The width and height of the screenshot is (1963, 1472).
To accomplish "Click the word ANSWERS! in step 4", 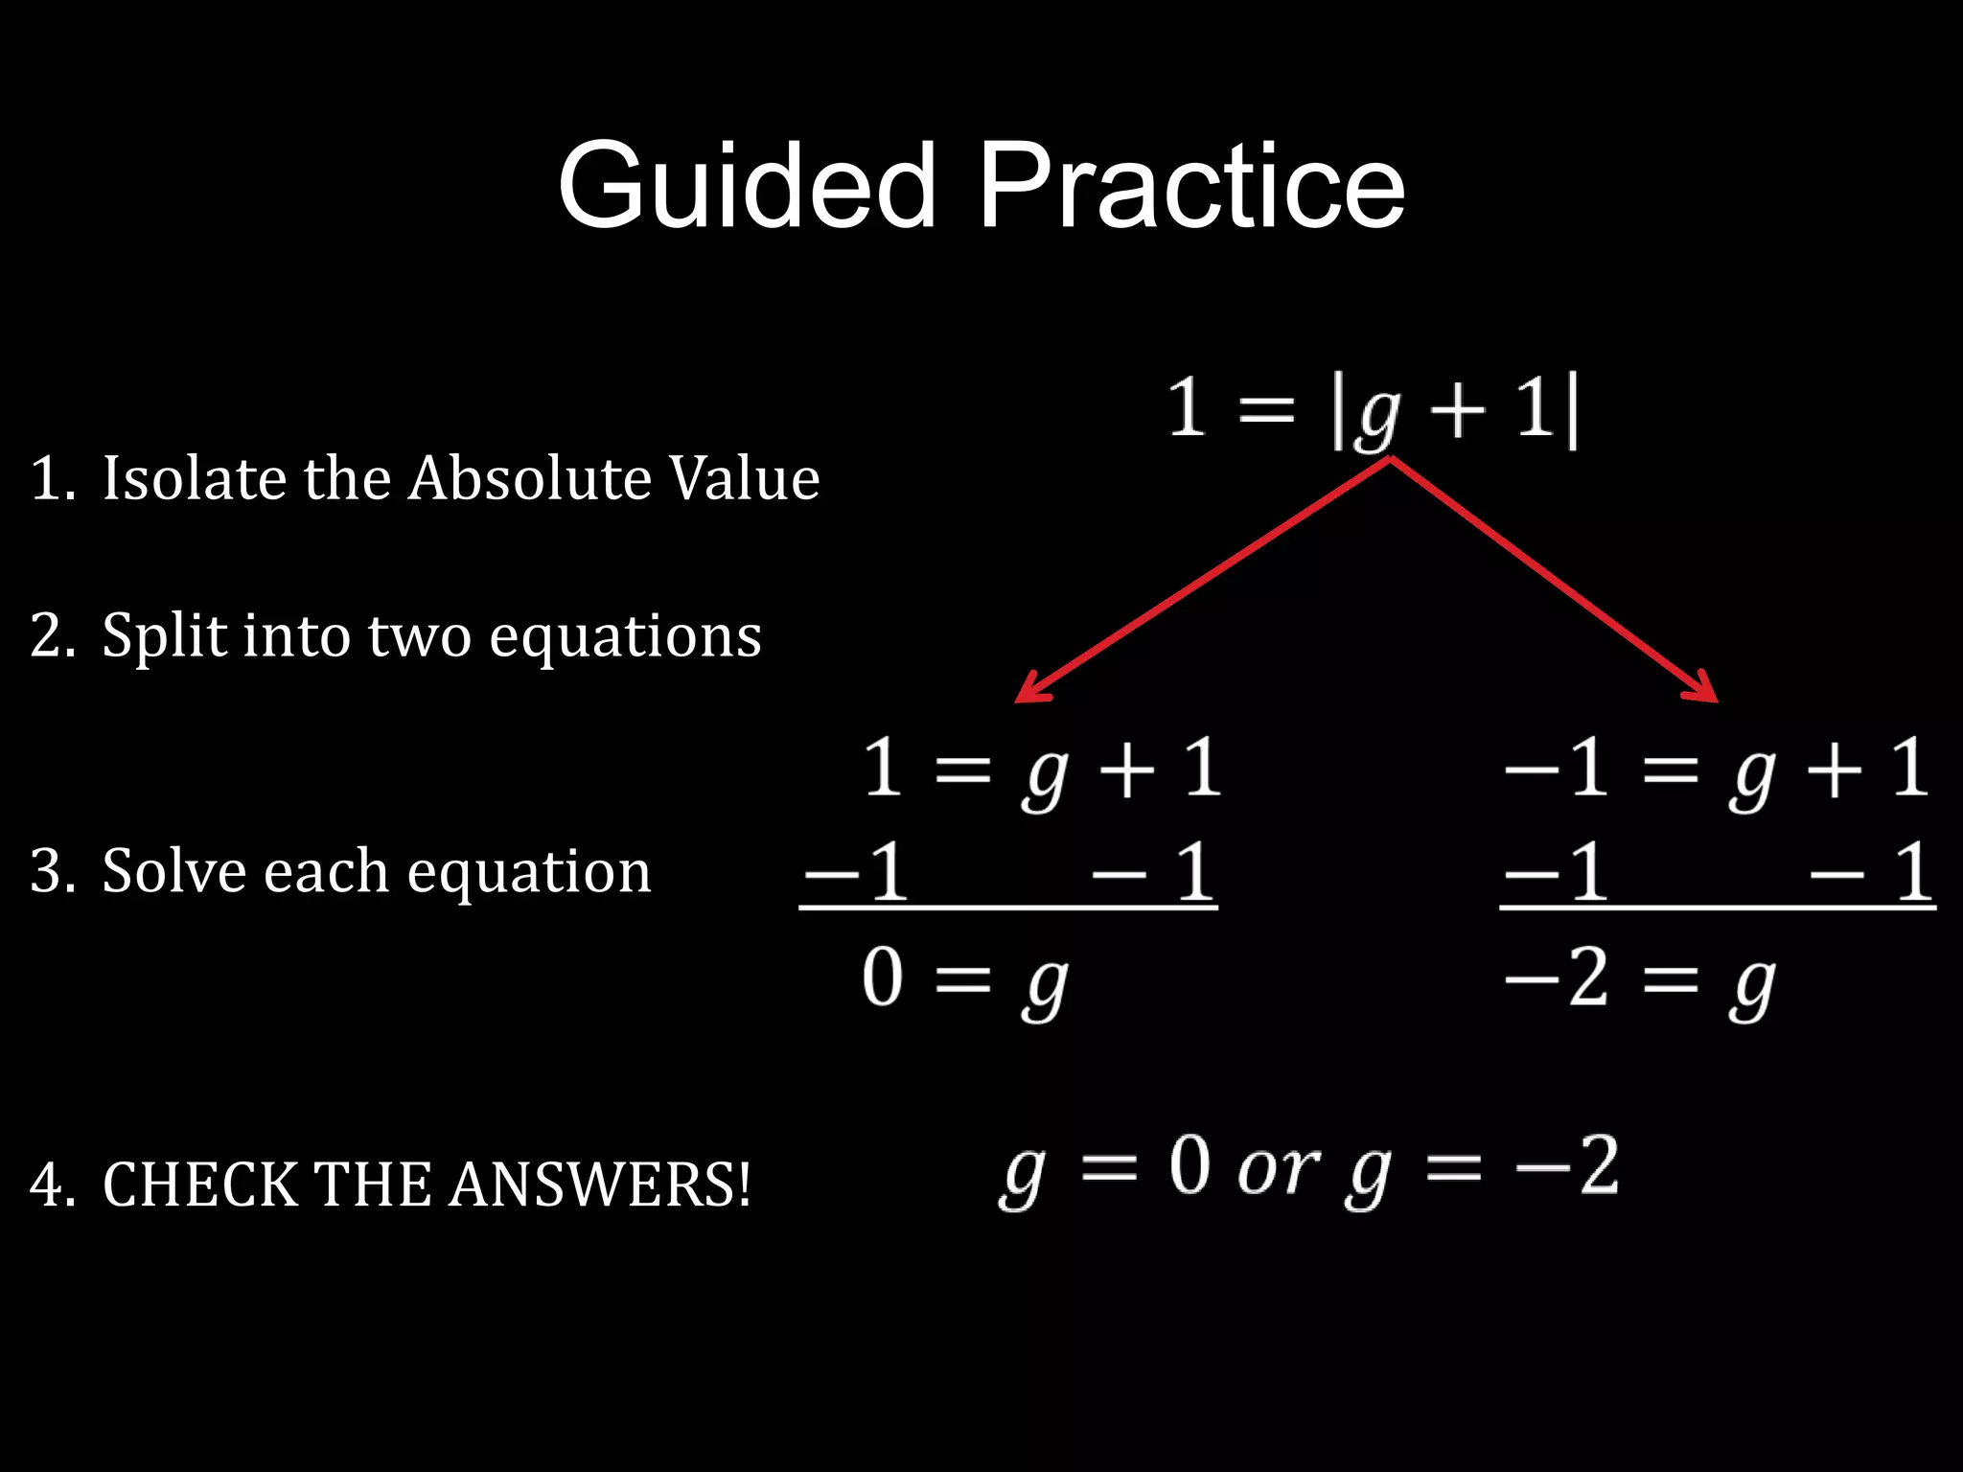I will (599, 1184).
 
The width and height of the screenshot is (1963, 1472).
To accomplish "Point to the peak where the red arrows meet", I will (1390, 460).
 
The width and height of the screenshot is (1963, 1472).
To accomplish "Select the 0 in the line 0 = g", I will (882, 978).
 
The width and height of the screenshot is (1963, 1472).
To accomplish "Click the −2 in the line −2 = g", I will (1558, 978).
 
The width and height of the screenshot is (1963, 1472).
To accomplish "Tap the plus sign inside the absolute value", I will (1458, 412).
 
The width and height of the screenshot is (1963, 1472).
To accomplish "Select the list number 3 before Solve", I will (46, 871).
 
